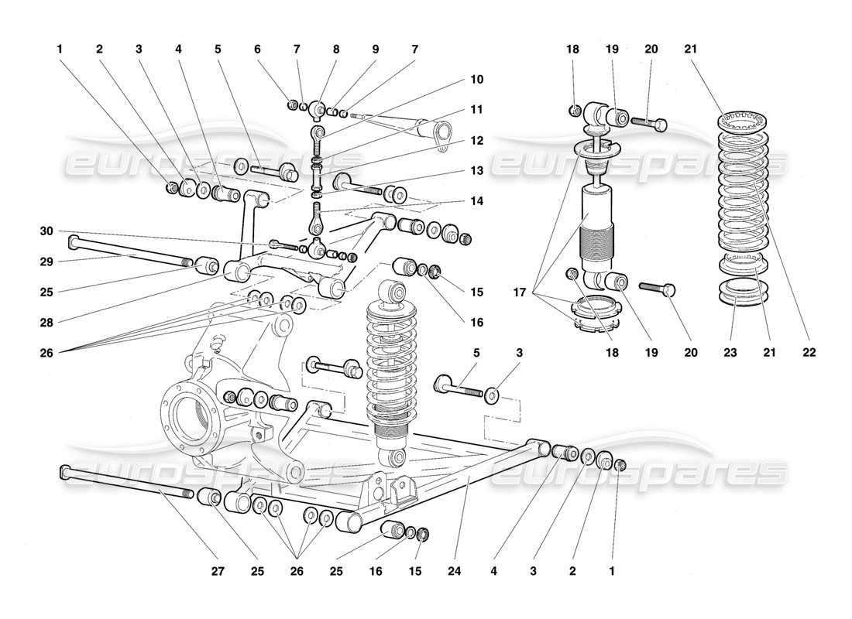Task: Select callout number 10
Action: tap(476, 79)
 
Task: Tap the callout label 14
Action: tap(476, 200)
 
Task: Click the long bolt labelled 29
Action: tap(128, 254)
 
